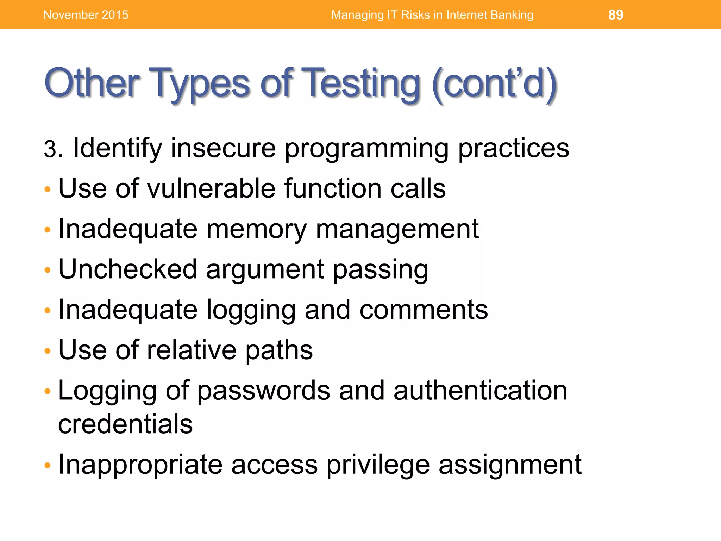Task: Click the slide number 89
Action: [615, 15]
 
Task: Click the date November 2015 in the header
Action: [86, 15]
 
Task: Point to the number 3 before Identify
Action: [50, 149]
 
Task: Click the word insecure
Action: [223, 148]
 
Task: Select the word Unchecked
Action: [127, 269]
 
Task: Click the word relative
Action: [191, 350]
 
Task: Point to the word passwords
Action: [264, 391]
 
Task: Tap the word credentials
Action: [125, 424]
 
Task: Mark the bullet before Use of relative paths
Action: [48, 351]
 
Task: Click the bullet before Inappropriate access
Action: [48, 466]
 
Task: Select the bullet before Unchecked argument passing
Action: [48, 270]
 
